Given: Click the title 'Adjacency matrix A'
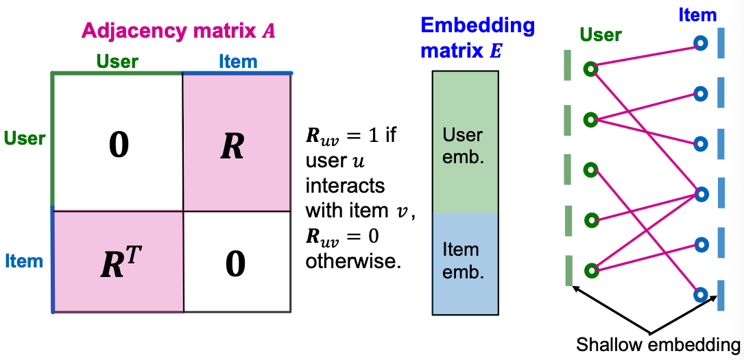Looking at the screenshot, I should pos(178,31).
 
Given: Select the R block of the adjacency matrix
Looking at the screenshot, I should pos(237,142).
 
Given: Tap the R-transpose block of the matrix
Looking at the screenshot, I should pos(118,261).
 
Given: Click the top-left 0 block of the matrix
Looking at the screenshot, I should pos(118,142).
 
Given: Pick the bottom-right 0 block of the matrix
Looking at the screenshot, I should pos(237,261).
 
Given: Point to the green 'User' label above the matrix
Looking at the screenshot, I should pos(117,62).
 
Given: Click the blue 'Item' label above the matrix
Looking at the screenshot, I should pos(238,62).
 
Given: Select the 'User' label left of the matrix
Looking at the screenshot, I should pos(25,138).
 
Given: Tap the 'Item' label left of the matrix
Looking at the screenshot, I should pos(24,261).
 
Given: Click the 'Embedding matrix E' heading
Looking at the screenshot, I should pos(477,38).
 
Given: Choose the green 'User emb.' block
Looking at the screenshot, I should pos(465,144).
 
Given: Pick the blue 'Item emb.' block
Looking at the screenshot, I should pos(465,261).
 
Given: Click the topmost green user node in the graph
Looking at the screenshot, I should pos(590,69).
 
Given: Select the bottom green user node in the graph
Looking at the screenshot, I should pos(590,269).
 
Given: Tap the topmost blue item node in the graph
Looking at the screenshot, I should pos(700,43).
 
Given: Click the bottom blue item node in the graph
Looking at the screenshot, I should pos(700,295).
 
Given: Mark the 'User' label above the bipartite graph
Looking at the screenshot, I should pos(600,35).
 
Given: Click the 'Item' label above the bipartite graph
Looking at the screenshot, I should pos(697,14).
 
